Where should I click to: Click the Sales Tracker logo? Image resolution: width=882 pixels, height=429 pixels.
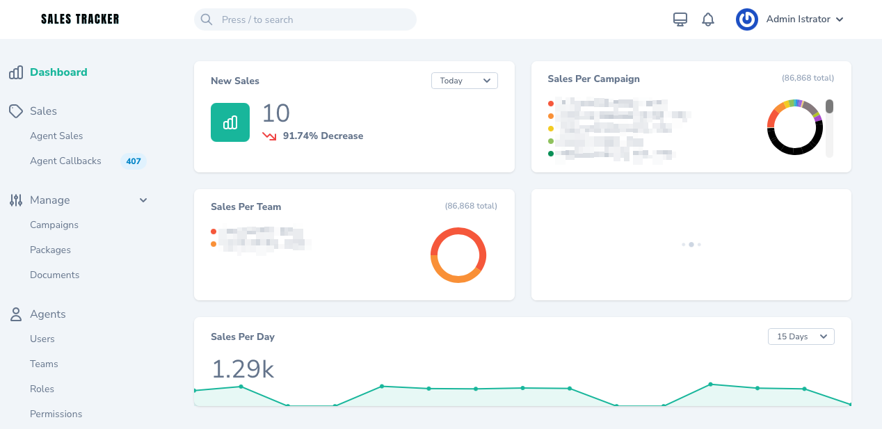coord(80,19)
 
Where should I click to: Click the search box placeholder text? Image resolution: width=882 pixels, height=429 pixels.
coord(257,19)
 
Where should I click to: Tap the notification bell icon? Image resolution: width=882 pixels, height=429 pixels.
coord(708,19)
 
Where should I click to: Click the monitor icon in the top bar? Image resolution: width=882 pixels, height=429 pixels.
coord(680,19)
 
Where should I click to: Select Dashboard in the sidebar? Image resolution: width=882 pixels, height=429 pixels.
coord(58,72)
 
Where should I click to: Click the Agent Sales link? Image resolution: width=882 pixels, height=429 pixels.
coord(56,136)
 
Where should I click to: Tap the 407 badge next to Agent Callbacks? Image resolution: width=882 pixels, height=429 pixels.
coord(134,161)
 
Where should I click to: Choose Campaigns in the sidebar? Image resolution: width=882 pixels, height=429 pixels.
coord(54,225)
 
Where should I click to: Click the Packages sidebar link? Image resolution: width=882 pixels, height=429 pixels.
coord(50,250)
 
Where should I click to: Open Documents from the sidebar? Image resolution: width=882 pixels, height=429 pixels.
coord(54,275)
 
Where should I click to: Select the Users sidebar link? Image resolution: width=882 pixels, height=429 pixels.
coord(42,339)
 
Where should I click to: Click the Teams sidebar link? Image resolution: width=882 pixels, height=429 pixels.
coord(44,364)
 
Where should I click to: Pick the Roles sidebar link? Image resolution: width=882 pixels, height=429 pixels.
coord(42,389)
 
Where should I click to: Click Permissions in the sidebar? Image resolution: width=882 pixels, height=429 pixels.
coord(56,414)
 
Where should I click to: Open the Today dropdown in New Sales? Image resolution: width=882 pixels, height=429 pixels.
coord(464,81)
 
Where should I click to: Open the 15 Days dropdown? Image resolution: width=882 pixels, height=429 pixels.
coord(801,337)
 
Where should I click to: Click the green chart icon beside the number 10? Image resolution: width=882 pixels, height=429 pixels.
coord(230,122)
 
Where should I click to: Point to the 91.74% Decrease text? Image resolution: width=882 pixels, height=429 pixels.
coord(323,136)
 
